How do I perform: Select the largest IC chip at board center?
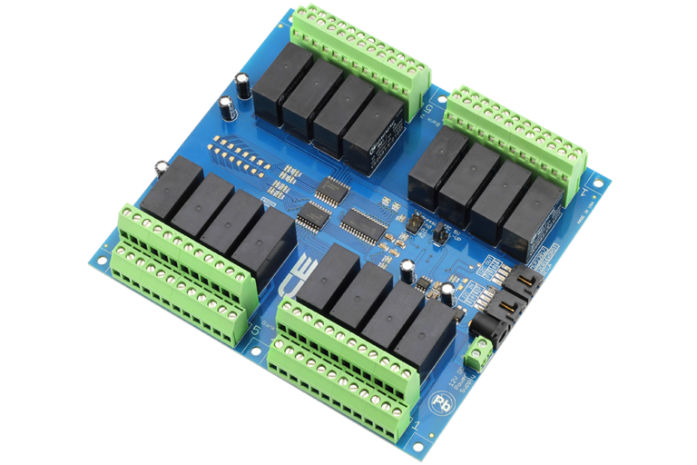363,221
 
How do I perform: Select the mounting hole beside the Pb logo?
419,443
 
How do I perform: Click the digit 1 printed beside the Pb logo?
416,424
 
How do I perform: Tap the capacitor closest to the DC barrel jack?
447,292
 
